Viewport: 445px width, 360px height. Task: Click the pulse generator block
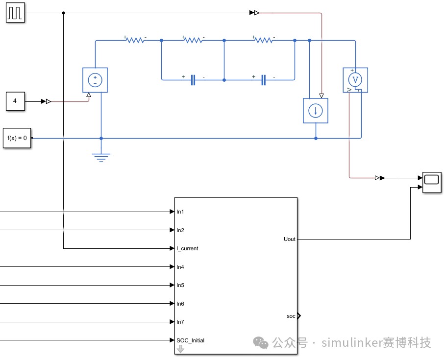[x=15, y=13]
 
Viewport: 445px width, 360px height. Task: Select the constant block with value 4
[x=15, y=101]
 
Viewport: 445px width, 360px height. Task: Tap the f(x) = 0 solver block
[x=17, y=138]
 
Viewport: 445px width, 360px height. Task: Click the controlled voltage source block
[x=95, y=80]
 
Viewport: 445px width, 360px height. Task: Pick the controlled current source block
[x=316, y=111]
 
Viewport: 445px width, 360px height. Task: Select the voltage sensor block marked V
[x=355, y=80]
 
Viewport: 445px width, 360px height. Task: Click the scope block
[x=432, y=182]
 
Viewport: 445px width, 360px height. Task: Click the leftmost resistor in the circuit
[x=135, y=40]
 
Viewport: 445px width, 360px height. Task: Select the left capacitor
[x=193, y=80]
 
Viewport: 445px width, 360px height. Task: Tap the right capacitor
[x=263, y=80]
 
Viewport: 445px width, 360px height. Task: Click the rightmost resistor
[x=264, y=40]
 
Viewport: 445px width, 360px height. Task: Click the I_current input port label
[x=187, y=248]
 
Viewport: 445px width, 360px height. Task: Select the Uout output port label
[x=290, y=239]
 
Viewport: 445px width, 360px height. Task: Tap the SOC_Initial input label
[x=191, y=340]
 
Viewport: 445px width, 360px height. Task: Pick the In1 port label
[x=180, y=212]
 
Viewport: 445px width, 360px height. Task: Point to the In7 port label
[x=180, y=322]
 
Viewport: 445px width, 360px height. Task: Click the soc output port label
[x=291, y=316]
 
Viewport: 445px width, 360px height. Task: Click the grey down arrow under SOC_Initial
[x=180, y=349]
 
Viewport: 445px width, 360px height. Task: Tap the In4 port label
[x=180, y=267]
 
